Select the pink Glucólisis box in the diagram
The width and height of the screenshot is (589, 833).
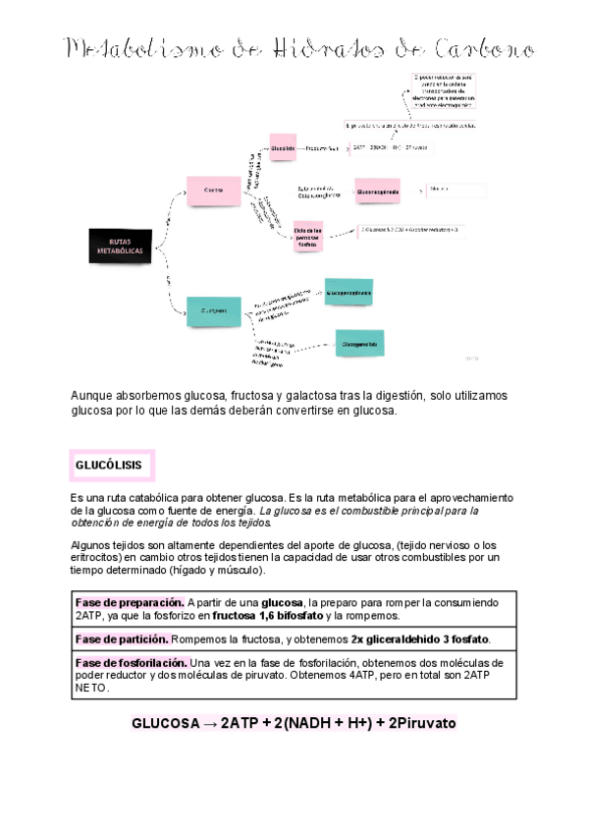283,147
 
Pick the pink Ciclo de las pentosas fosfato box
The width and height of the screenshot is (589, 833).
308,236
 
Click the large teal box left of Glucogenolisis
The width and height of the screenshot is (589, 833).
214,311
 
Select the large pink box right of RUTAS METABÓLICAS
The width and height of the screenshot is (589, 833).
214,190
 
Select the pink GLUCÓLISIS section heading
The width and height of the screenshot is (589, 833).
109,464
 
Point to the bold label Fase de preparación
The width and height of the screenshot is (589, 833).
130,602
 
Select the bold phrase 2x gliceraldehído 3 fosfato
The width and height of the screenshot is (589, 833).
420,639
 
